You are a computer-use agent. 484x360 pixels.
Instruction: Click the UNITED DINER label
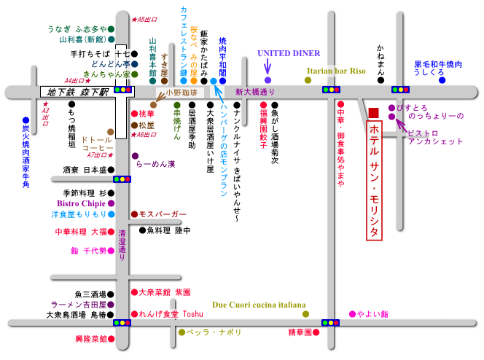(289, 53)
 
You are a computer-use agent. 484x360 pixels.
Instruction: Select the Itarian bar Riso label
(335, 71)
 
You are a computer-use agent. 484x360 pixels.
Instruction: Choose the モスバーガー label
(163, 214)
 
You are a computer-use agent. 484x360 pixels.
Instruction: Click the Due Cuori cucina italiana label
(259, 305)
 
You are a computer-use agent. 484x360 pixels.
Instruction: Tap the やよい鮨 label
(372, 314)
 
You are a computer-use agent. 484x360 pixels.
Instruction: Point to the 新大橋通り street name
(255, 92)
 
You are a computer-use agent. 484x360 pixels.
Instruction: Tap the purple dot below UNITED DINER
(268, 79)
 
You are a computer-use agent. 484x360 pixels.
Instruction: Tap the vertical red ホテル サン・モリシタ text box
(374, 181)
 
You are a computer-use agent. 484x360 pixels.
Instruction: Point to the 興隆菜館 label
(81, 339)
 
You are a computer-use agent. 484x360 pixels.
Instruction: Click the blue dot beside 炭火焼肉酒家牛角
(26, 120)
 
